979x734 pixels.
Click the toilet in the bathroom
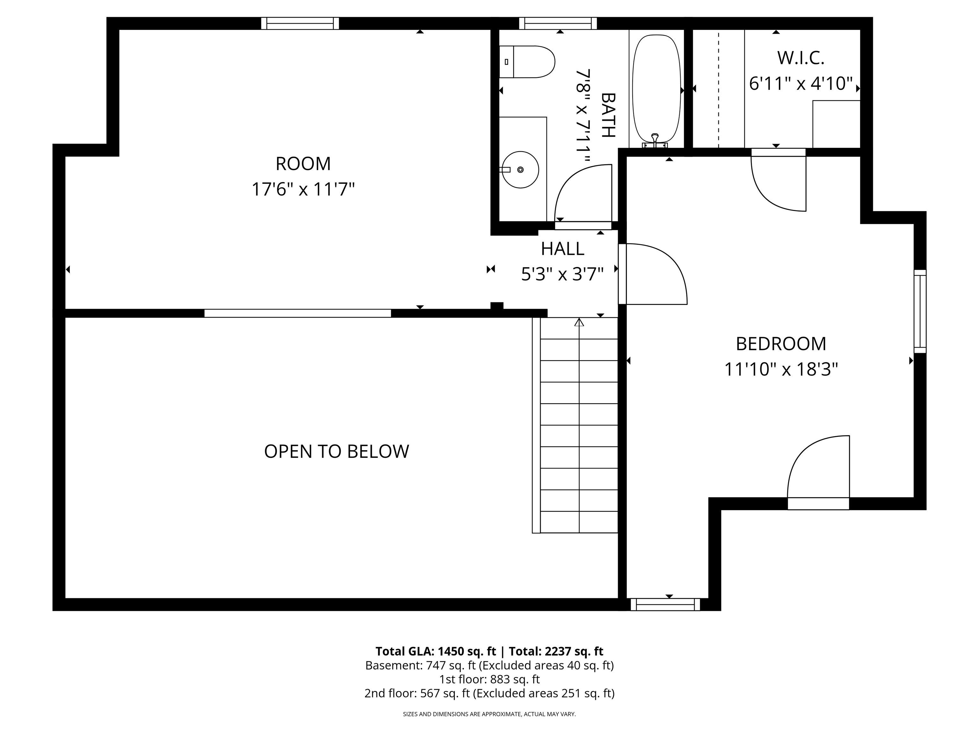(x=527, y=61)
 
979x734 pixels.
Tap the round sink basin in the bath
(x=520, y=169)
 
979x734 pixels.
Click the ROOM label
(x=303, y=164)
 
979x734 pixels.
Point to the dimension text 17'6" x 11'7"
(x=303, y=189)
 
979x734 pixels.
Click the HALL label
(x=562, y=248)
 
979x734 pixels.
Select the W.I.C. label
(x=801, y=58)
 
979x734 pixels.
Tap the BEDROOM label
(x=781, y=344)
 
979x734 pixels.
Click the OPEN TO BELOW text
(x=336, y=451)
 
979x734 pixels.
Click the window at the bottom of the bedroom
(x=665, y=604)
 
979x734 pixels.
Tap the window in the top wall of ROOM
(x=300, y=24)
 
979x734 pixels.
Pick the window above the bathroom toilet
(x=558, y=24)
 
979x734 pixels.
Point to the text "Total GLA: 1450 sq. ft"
(x=436, y=651)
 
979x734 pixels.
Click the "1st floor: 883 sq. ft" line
(x=489, y=679)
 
